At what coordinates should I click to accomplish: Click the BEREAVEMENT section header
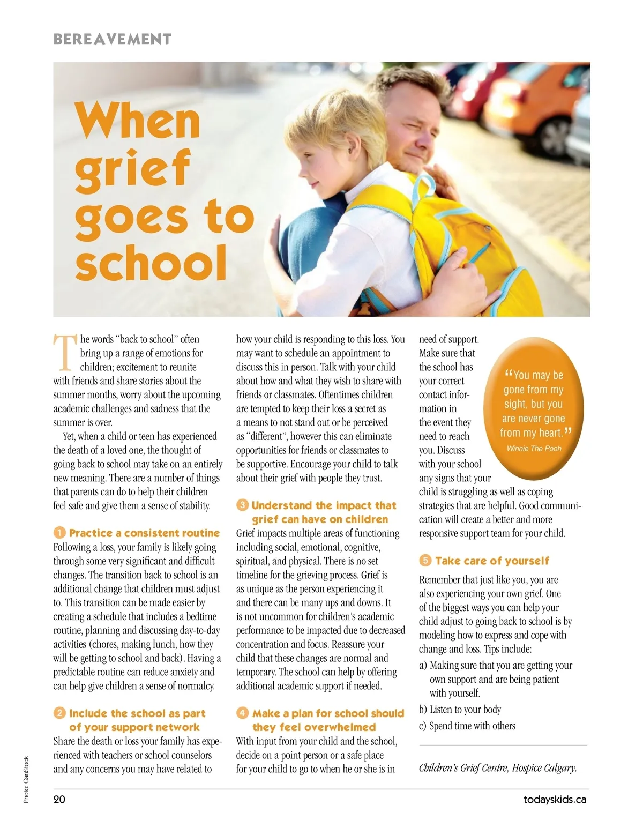tap(112, 39)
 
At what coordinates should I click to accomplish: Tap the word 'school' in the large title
tap(151, 263)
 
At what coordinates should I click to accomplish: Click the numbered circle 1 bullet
tap(59, 533)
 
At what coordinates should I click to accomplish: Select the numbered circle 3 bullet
tap(242, 505)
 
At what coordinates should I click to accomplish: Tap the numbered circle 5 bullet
tap(425, 561)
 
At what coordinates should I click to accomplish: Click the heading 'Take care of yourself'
tap(492, 561)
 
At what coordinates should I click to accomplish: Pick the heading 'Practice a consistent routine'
tap(144, 533)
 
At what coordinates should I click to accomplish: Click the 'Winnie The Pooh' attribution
tap(534, 448)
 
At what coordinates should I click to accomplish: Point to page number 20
tap(59, 799)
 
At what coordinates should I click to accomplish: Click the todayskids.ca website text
tap(555, 799)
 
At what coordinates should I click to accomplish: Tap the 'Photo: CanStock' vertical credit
tap(26, 779)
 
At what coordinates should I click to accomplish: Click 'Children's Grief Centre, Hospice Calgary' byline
tap(498, 768)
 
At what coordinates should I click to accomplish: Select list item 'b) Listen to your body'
tap(460, 710)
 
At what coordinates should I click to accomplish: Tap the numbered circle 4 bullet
tap(242, 713)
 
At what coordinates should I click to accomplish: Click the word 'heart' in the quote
tap(550, 433)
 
